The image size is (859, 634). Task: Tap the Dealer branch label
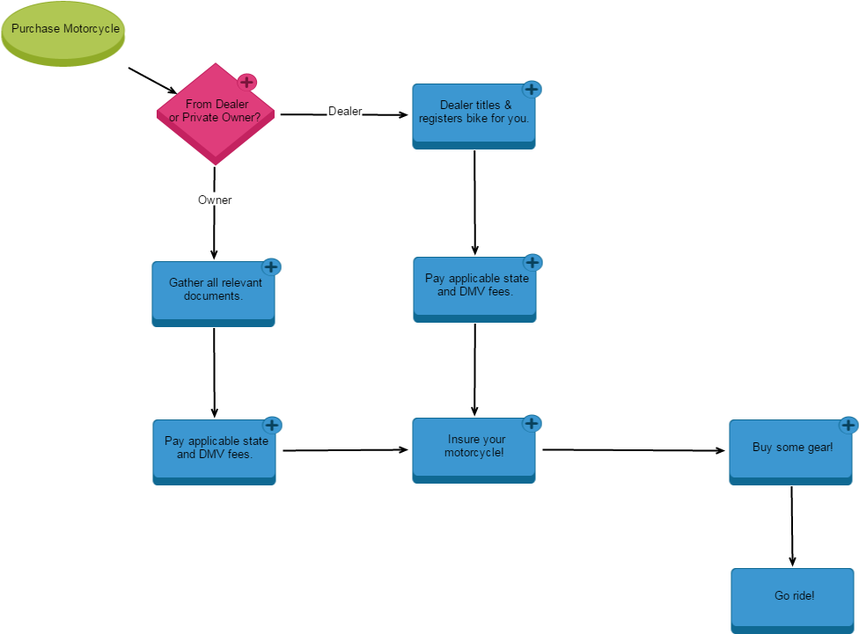[344, 111]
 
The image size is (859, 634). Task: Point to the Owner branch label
[215, 200]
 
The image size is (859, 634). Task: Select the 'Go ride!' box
[792, 599]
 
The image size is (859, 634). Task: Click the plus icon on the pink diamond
[247, 83]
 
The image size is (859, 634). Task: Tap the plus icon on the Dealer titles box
[532, 90]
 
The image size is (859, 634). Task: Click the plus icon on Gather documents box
[271, 267]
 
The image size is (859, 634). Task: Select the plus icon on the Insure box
[532, 424]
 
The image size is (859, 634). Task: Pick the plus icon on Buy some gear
[848, 426]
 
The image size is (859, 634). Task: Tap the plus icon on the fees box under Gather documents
[272, 426]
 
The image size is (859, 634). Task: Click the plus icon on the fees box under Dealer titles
[532, 262]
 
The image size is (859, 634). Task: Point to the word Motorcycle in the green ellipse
[91, 29]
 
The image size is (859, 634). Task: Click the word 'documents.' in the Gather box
[213, 296]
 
